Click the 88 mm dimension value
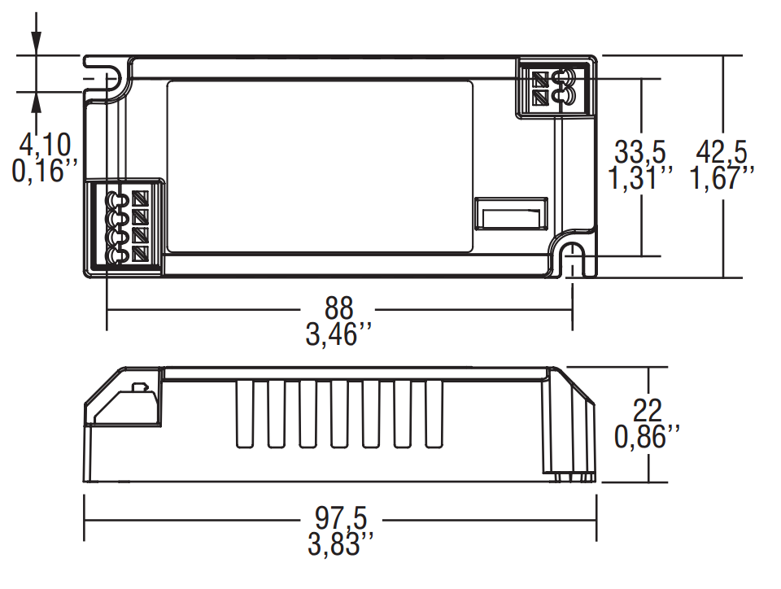point(340,309)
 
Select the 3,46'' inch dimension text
point(340,334)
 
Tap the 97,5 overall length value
point(341,518)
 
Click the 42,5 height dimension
point(719,152)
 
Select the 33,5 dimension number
point(641,152)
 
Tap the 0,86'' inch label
point(648,438)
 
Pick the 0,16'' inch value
point(46,172)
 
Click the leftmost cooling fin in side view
point(243,414)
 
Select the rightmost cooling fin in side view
point(433,414)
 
